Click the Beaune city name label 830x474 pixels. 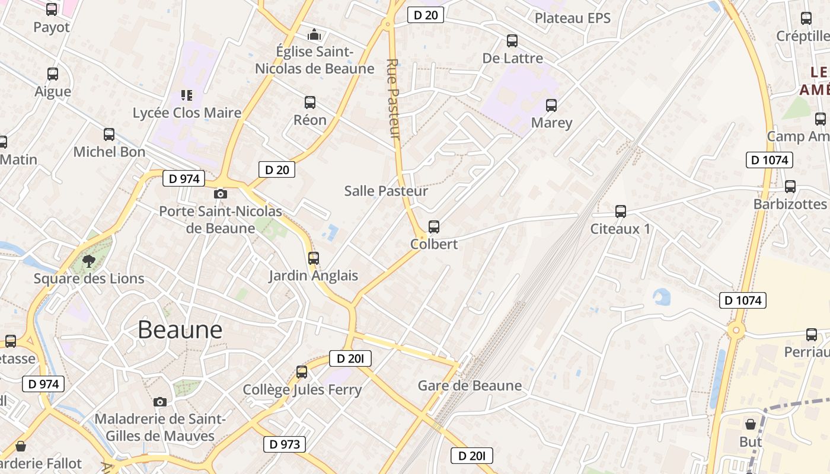180,330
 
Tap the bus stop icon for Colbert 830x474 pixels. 434,227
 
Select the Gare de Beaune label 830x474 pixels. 470,386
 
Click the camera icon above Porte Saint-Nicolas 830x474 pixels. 220,194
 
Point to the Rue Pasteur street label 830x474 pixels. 394,99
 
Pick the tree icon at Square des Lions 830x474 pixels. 89,261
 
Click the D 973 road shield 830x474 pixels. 285,444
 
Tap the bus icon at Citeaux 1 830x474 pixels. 621,212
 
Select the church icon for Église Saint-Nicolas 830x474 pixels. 314,34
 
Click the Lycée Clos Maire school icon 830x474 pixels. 187,95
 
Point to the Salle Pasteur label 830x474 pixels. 386,191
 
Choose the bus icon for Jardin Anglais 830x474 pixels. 314,258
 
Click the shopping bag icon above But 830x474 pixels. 751,424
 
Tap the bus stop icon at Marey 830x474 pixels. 551,105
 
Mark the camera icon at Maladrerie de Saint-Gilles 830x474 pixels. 159,402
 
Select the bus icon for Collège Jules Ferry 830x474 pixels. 302,372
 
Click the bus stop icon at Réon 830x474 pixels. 310,103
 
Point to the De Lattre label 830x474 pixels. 513,58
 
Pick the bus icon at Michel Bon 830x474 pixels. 109,134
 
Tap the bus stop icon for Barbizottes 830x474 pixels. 790,187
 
